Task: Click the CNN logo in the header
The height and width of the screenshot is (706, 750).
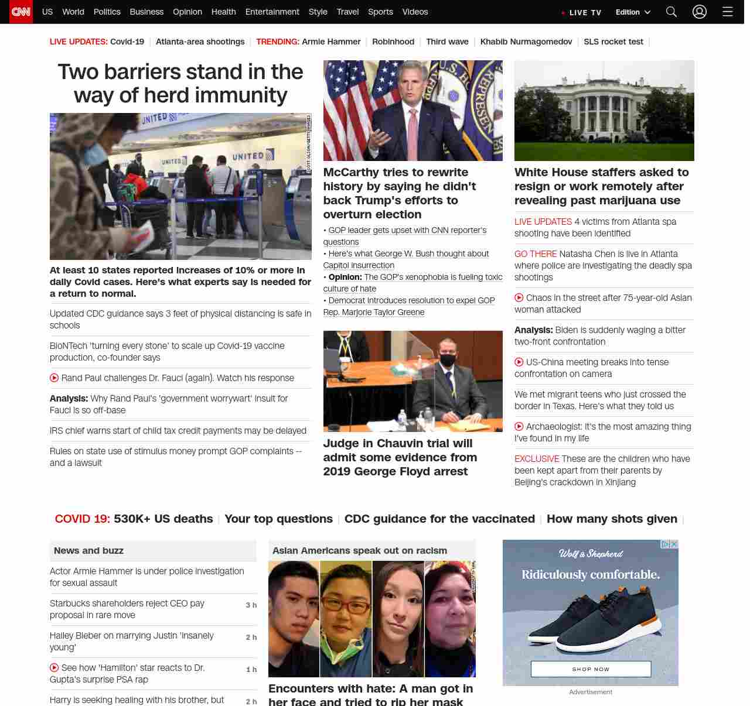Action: [x=21, y=12]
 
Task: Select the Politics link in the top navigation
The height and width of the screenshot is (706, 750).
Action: [x=107, y=12]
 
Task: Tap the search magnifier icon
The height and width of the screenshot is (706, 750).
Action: [x=671, y=12]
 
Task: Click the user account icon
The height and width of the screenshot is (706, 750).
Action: [x=700, y=12]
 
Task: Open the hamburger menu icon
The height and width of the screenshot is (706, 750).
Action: [x=728, y=12]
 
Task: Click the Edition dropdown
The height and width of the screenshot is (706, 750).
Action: [x=633, y=12]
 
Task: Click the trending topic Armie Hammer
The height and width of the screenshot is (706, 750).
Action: [x=331, y=42]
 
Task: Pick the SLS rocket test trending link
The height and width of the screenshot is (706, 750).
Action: [x=613, y=42]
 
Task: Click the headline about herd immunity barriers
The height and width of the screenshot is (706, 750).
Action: [x=180, y=83]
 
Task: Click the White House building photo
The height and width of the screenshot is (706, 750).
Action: [x=604, y=110]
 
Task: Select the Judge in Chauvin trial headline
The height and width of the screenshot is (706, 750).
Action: [x=400, y=457]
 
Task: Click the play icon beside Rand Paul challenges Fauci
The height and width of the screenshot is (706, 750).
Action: [x=54, y=378]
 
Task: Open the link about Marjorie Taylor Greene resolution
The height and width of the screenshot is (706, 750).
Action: [x=409, y=306]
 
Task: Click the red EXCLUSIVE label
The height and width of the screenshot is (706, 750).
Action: [x=537, y=458]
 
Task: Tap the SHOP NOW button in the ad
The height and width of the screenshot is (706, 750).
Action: [x=591, y=669]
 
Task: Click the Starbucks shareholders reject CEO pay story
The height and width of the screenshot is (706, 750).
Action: [x=127, y=609]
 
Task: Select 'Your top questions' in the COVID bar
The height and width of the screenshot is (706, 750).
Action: [x=278, y=519]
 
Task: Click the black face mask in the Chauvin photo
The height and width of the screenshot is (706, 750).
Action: [x=448, y=360]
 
